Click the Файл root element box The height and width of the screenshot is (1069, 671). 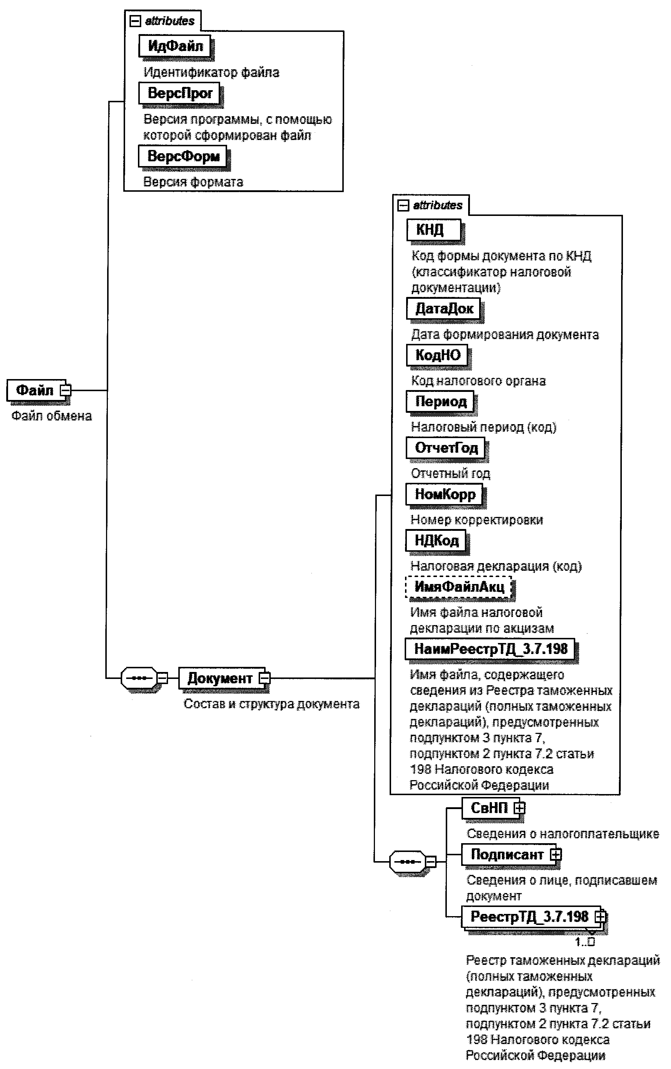[x=34, y=390]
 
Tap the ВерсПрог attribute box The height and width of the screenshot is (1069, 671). [x=179, y=93]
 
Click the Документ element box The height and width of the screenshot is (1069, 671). [x=219, y=678]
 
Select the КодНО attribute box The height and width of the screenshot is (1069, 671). [x=437, y=355]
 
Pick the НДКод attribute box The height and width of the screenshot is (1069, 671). [x=436, y=540]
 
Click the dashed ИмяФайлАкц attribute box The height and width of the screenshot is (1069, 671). [x=459, y=587]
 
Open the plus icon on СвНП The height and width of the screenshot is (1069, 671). [x=519, y=808]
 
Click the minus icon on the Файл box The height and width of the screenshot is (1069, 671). [x=65, y=391]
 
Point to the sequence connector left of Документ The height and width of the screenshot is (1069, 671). [x=139, y=678]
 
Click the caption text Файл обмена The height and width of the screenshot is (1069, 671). [x=51, y=416]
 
